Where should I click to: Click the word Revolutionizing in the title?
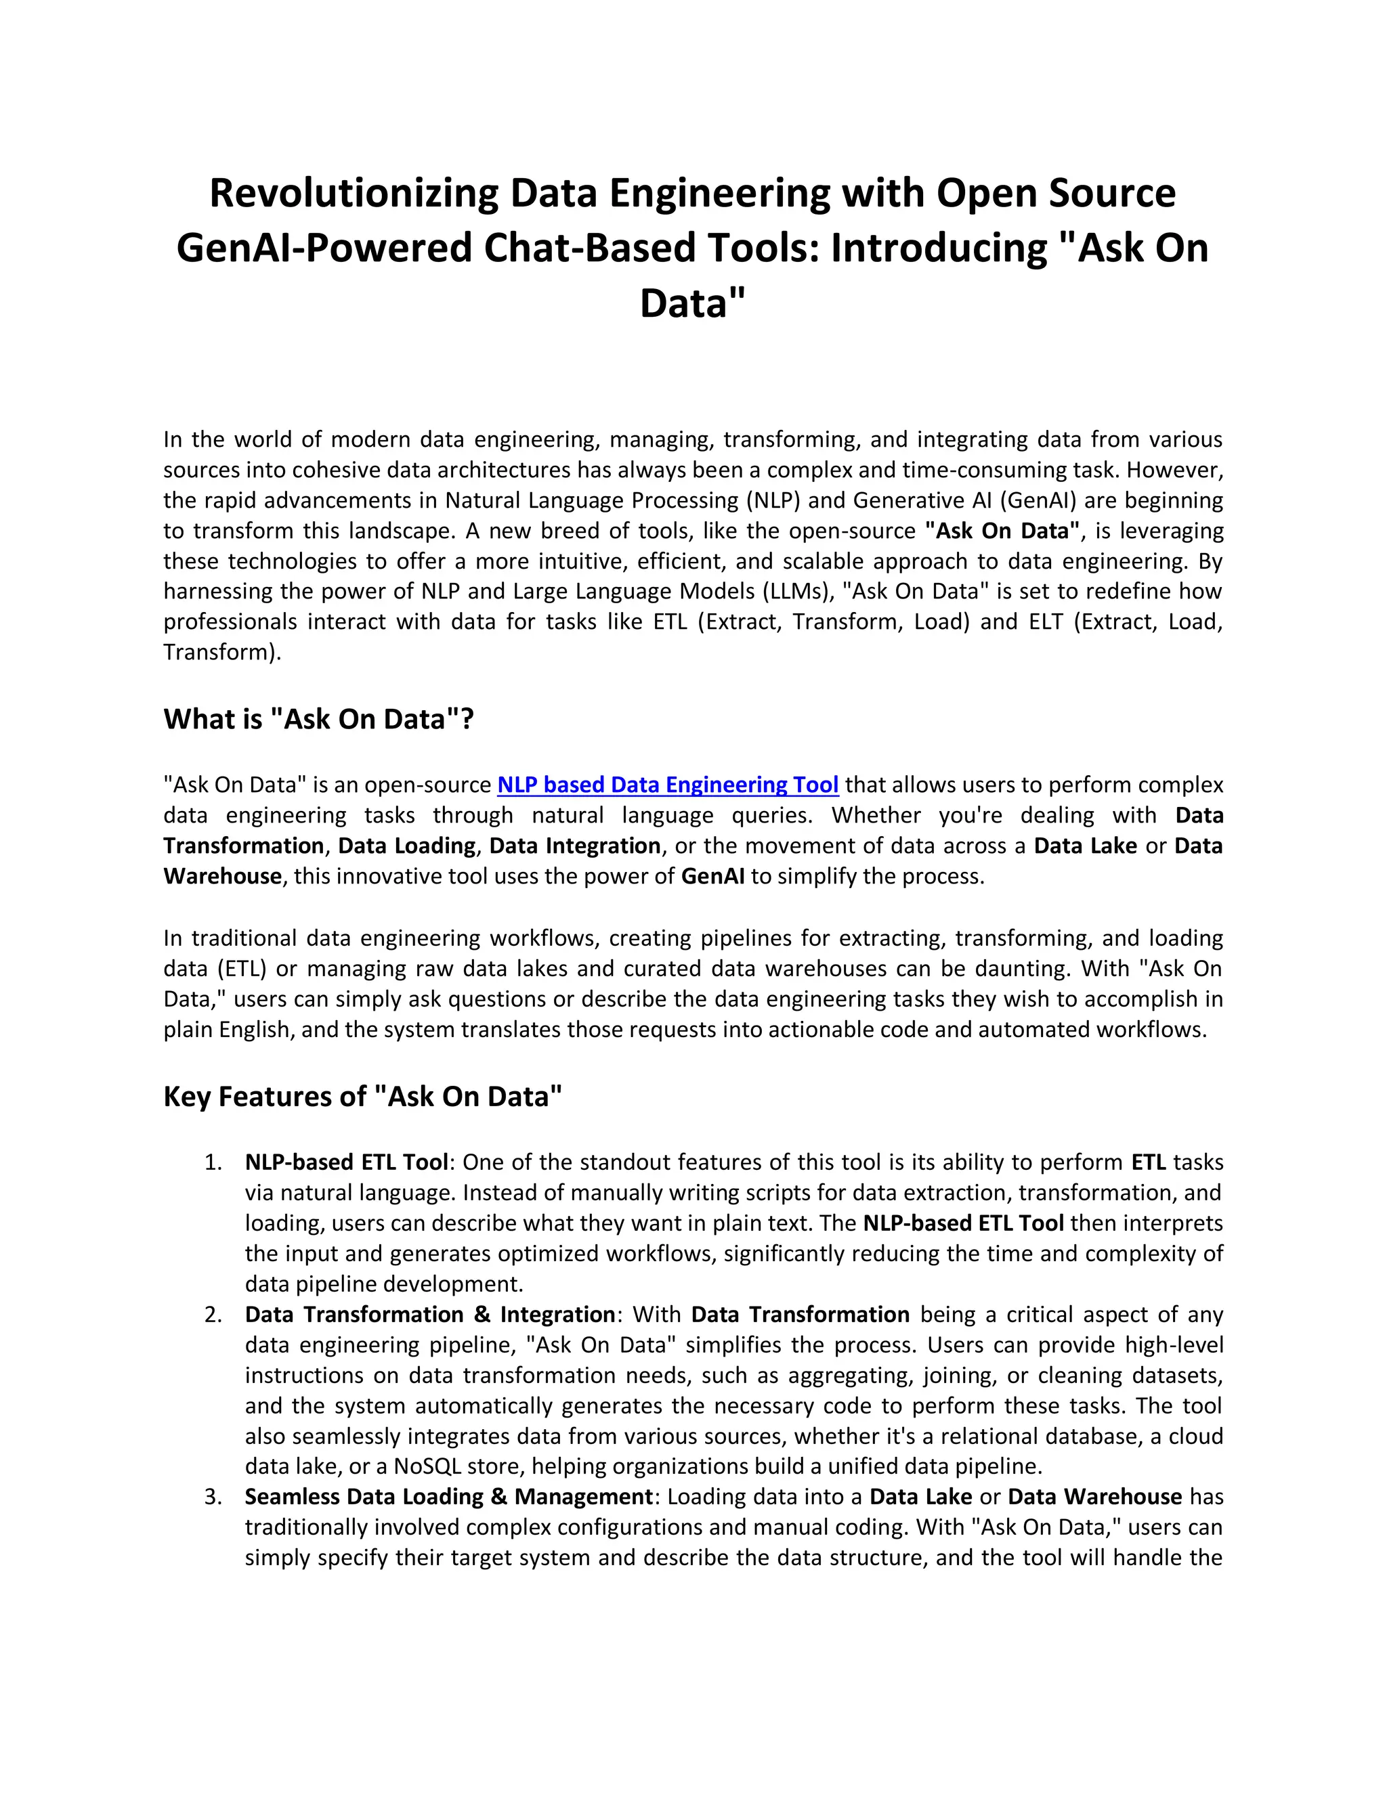pos(354,194)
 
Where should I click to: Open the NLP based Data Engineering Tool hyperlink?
pos(667,785)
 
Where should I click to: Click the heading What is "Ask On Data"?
pos(319,720)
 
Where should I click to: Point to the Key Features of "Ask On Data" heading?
pos(362,1097)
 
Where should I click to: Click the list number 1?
pos(213,1163)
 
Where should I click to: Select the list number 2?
pos(213,1315)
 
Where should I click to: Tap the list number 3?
pos(213,1497)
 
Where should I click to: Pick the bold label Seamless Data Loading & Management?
pos(448,1497)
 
